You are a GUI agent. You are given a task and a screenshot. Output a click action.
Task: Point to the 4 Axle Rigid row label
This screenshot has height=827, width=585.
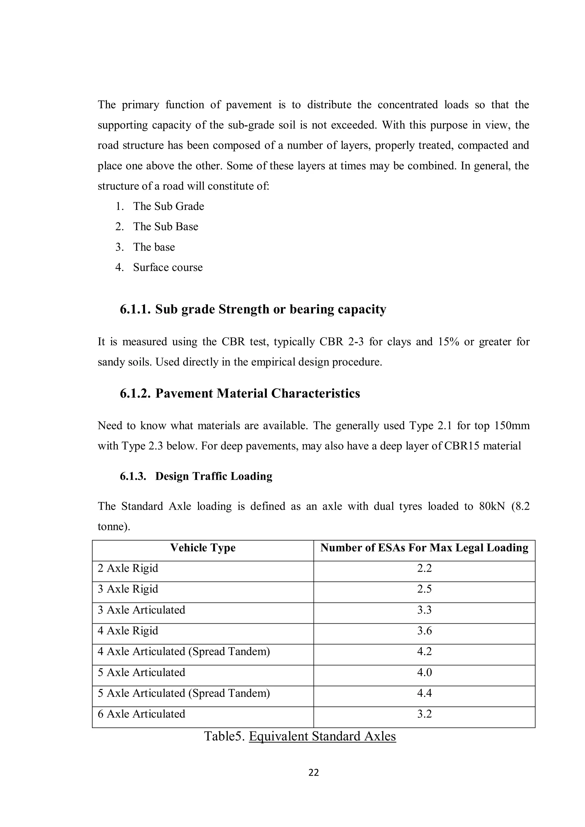128,631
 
